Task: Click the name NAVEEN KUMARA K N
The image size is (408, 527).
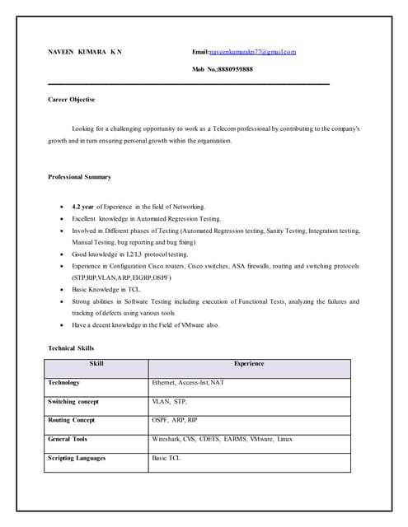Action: click(85, 52)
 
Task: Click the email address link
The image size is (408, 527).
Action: click(252, 52)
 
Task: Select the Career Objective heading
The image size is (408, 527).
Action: click(71, 100)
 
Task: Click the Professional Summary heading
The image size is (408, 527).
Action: click(79, 177)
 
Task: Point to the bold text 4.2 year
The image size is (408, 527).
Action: click(83, 206)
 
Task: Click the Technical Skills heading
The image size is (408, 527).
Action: click(71, 348)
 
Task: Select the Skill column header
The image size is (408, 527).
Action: click(96, 364)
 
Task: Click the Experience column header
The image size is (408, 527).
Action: click(249, 364)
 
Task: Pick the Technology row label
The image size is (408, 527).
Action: click(64, 383)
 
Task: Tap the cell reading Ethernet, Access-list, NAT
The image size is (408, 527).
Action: click(188, 383)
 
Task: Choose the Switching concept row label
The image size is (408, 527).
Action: click(73, 402)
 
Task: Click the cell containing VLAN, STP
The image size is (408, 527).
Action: click(170, 402)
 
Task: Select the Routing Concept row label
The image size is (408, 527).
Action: click(71, 420)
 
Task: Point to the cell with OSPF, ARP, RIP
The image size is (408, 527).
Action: click(175, 420)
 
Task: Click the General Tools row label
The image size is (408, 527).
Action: click(68, 439)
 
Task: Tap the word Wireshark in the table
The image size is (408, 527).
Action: click(169, 439)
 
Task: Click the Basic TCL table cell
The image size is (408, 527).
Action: click(166, 458)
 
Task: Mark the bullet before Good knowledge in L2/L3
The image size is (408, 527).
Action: click(63, 255)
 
